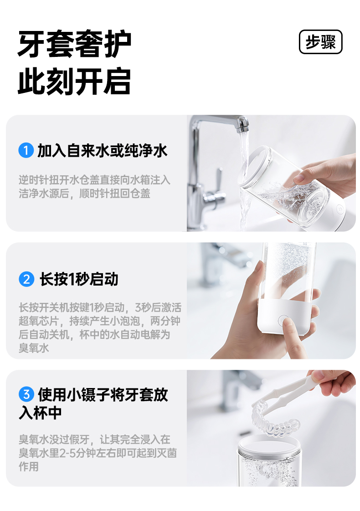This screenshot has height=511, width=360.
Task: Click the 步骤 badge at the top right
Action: click(x=320, y=42)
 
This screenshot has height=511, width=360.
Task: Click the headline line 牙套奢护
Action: click(x=75, y=44)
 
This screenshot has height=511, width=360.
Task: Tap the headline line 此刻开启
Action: click(x=75, y=82)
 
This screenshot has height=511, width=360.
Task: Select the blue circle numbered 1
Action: click(x=26, y=151)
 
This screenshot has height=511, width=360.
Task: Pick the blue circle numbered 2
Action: click(x=26, y=279)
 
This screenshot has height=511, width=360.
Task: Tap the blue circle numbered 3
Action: click(x=26, y=394)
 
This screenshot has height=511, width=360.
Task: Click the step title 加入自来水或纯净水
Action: click(x=103, y=151)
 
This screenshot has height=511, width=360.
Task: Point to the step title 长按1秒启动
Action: click(x=78, y=279)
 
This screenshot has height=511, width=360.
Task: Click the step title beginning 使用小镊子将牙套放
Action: click(x=103, y=395)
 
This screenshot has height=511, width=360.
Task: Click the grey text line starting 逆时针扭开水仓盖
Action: click(x=94, y=180)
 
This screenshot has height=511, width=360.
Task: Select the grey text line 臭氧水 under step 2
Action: click(x=34, y=348)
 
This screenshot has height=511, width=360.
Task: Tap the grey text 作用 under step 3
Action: click(x=29, y=467)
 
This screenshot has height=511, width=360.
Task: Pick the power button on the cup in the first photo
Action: click(x=339, y=209)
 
